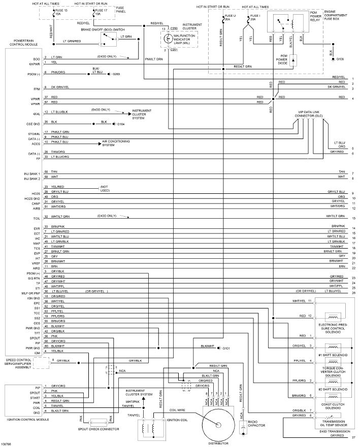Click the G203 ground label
[x=116, y=74]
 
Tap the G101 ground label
[x=226, y=348]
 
